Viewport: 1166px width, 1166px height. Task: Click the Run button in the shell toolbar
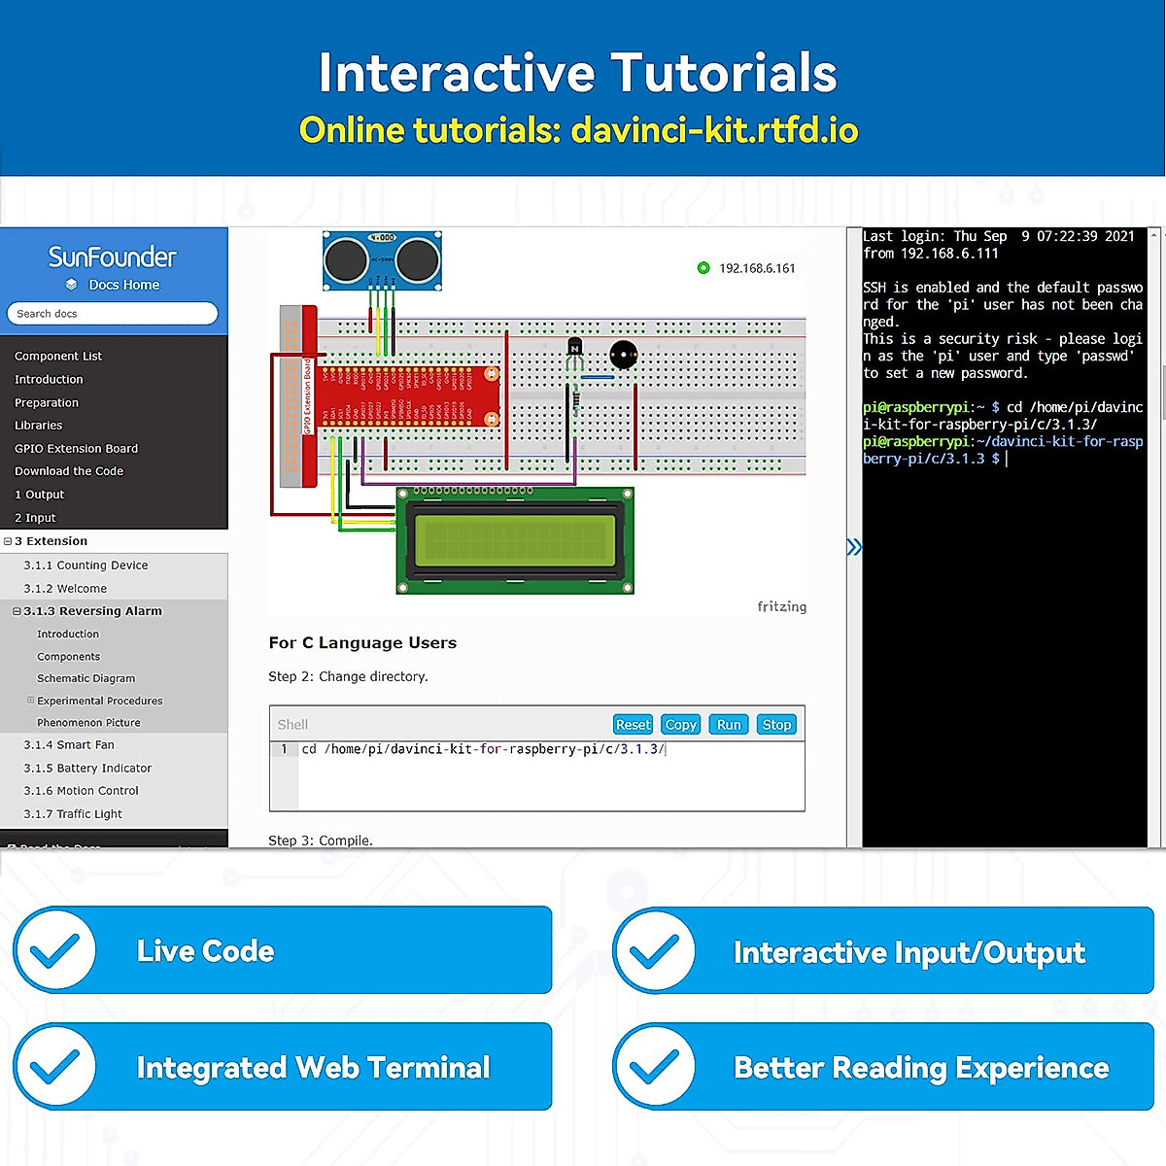point(729,725)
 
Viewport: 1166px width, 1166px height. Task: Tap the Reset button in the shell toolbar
point(633,725)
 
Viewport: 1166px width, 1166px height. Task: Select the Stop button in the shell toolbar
point(776,725)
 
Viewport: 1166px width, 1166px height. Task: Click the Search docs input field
point(113,314)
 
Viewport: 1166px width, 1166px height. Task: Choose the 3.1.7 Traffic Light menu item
point(73,814)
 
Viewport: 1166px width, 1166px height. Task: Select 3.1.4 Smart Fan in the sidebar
point(69,745)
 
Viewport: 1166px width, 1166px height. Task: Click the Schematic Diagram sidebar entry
point(86,678)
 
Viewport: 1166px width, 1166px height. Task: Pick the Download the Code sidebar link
point(69,471)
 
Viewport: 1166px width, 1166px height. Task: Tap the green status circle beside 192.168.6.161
point(703,268)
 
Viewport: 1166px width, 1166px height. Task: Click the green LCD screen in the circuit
point(515,540)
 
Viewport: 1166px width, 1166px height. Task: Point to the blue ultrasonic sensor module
point(383,258)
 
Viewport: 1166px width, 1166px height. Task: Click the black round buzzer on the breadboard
point(623,355)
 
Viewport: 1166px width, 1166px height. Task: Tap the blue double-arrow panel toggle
point(854,547)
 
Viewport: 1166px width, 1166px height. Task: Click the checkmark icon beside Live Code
point(55,950)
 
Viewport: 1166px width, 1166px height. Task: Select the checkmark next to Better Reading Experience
point(655,1066)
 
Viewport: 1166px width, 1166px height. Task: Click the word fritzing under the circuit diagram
point(781,607)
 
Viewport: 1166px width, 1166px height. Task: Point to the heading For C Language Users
point(362,643)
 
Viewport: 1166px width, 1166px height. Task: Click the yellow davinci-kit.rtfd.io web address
point(714,130)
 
